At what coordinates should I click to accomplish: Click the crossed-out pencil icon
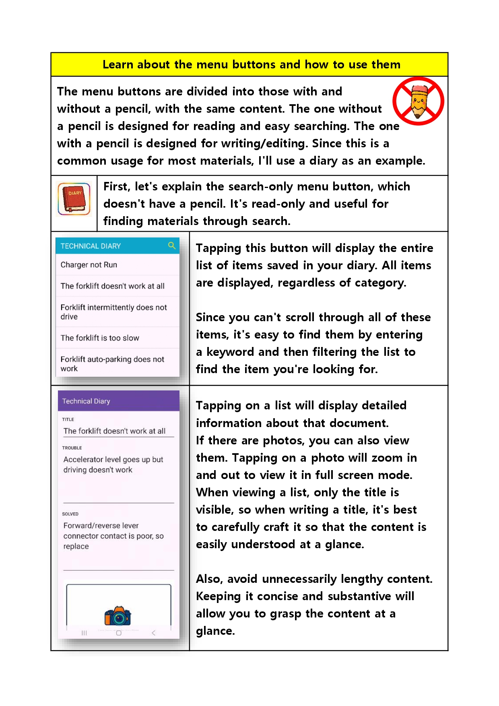coord(418,101)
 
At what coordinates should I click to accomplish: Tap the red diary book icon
coord(74,199)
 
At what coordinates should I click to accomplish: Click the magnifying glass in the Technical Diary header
coord(172,246)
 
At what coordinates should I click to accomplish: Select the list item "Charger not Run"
coord(89,265)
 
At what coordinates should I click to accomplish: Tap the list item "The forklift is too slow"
coord(100,338)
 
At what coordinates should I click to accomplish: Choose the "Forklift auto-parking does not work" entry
coord(112,363)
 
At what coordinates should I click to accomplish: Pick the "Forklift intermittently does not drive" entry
coord(113,312)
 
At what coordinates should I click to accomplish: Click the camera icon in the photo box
coord(118,616)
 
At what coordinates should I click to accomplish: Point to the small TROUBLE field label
coord(72,448)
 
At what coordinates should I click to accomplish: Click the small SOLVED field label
coord(70,514)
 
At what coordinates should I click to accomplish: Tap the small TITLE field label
coord(68,419)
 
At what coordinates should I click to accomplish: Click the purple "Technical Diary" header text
coord(86,401)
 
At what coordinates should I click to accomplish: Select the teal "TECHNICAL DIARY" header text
coord(91,246)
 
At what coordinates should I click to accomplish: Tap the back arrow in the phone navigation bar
coord(153,633)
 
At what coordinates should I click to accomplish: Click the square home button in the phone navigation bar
coord(119,633)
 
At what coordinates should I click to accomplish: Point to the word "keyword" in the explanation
coord(231,352)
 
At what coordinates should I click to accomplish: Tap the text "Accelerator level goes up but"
coord(113,459)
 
